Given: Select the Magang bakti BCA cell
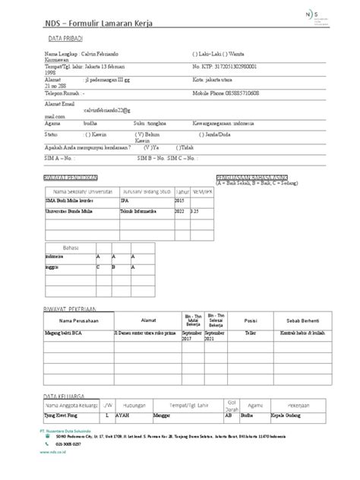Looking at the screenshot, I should [70, 332].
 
